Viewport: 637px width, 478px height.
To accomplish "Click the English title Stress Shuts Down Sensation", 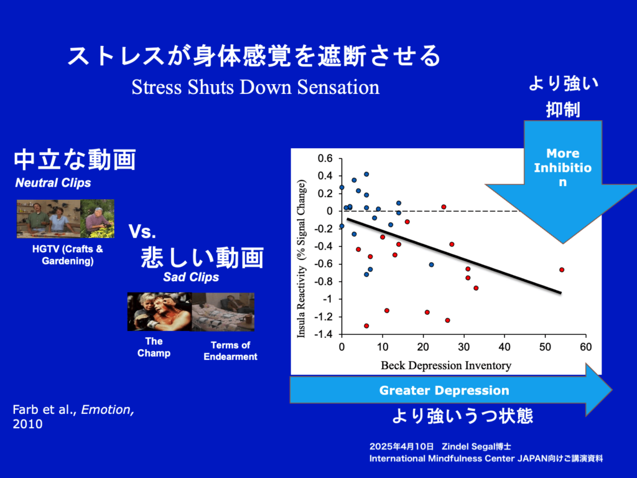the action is pyautogui.click(x=256, y=87).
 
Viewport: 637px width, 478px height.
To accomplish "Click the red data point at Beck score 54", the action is pyautogui.click(x=562, y=270).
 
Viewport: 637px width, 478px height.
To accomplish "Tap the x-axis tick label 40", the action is pyautogui.click(x=504, y=347).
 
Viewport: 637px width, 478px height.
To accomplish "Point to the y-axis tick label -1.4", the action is pyautogui.click(x=323, y=334).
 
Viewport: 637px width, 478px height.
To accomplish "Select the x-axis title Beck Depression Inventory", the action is pyautogui.click(x=446, y=365).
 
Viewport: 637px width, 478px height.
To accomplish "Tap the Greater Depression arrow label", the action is pyautogui.click(x=444, y=390).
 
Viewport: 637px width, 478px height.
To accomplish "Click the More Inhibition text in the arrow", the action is pyautogui.click(x=562, y=167).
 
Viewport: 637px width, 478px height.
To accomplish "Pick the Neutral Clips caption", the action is pyautogui.click(x=53, y=183).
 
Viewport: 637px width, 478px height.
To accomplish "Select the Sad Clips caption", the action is pyautogui.click(x=191, y=277).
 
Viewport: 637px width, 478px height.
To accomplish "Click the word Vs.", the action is pyautogui.click(x=142, y=232).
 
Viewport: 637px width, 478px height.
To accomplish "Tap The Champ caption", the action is pyautogui.click(x=154, y=347).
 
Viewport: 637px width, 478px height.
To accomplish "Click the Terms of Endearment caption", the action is pyautogui.click(x=230, y=351).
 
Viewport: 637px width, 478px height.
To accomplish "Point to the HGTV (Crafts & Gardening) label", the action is pyautogui.click(x=67, y=255).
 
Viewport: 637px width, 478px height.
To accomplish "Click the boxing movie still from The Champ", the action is pyautogui.click(x=159, y=312).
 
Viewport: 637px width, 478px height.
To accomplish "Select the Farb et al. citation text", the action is pyautogui.click(x=73, y=416).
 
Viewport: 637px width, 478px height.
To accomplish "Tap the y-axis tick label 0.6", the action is pyautogui.click(x=325, y=158).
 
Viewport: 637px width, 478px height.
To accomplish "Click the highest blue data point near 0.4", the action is pyautogui.click(x=366, y=174).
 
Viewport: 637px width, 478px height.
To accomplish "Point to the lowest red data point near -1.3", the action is pyautogui.click(x=366, y=326).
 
